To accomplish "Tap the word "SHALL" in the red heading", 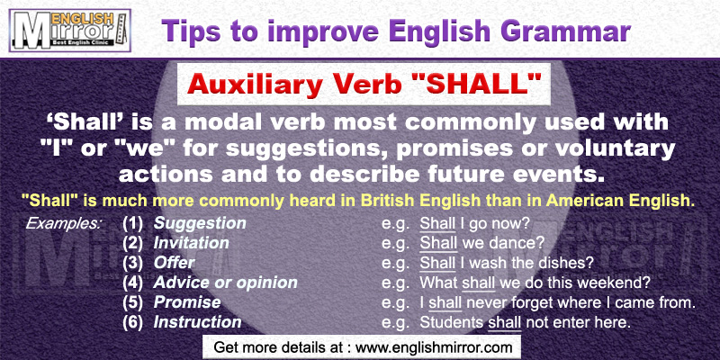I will (488, 87).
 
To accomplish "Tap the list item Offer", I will (173, 263).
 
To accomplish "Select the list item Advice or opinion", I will (225, 283).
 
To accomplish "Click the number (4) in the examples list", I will (132, 283).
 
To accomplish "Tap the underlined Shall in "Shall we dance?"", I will (438, 243).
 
